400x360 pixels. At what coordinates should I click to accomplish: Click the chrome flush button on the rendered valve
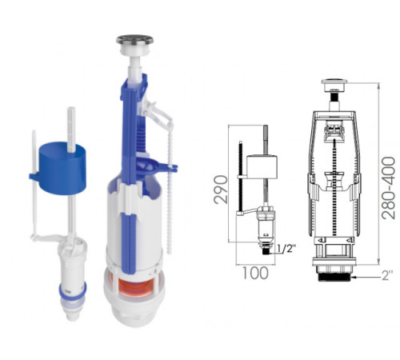pos(134,41)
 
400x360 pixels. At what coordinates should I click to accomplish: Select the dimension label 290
pos(221,190)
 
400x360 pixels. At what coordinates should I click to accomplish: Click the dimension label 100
pos(255,273)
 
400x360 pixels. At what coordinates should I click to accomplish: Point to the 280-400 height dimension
pos(389,188)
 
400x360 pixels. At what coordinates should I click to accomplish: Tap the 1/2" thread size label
pos(286,249)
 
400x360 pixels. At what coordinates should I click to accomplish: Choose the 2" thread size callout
pos(387,276)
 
